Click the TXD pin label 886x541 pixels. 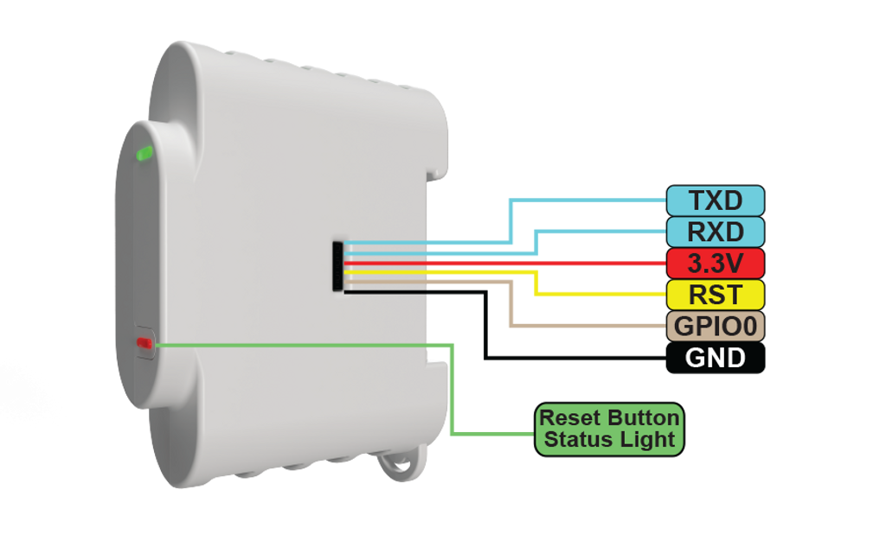715,200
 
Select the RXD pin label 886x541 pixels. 715,232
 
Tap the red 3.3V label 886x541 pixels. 715,262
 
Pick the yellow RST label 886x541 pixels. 715,295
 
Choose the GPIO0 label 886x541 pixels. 715,327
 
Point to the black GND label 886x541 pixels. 715,358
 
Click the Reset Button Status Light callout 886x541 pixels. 609,429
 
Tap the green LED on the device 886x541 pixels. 144,155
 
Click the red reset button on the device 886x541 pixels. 143,344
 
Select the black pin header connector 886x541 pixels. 337,265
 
